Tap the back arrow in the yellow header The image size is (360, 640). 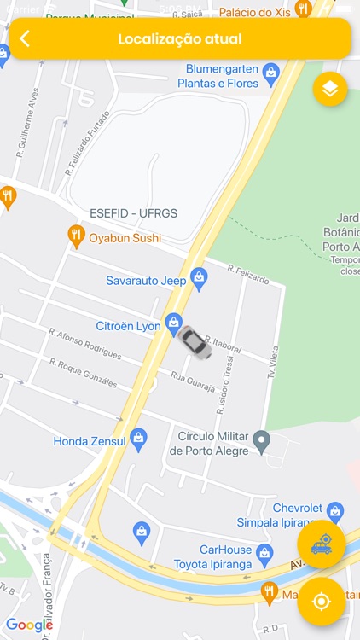click(x=25, y=38)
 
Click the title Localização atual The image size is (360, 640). click(x=179, y=38)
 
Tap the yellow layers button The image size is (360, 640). click(x=330, y=88)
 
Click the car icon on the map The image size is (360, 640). click(x=195, y=342)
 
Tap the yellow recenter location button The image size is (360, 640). click(x=321, y=602)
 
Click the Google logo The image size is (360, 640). click(x=30, y=625)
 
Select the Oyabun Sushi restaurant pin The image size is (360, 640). click(x=76, y=236)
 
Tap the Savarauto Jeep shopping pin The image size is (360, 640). click(x=199, y=276)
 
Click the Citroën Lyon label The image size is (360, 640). click(x=129, y=326)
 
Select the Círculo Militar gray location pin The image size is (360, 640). click(x=262, y=441)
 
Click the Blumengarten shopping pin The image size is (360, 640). click(x=271, y=72)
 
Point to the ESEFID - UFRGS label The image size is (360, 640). click(x=134, y=213)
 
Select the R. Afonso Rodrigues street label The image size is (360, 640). click(x=84, y=340)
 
